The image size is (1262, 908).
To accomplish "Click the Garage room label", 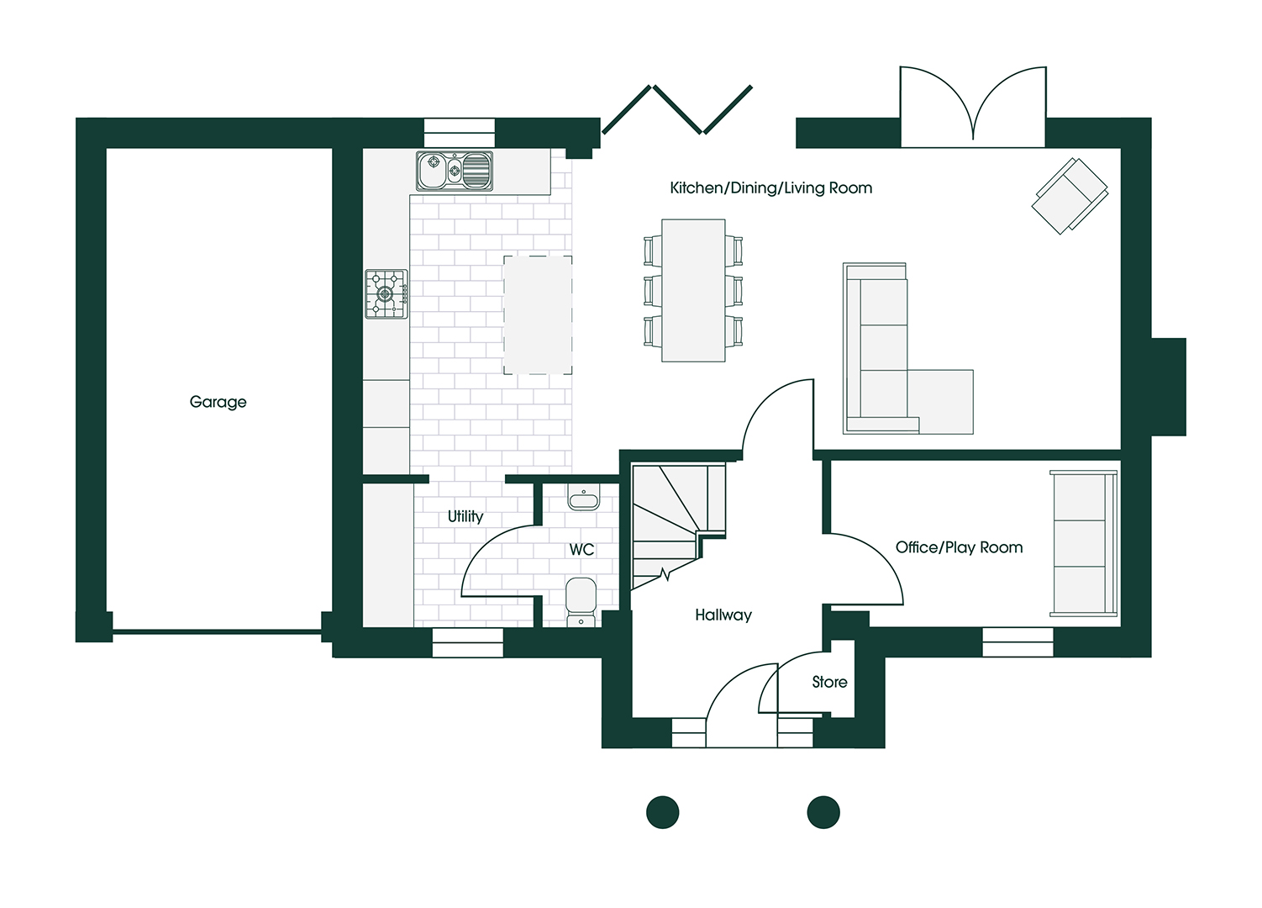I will tap(218, 402).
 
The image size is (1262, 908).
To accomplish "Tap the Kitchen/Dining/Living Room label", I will tap(770, 188).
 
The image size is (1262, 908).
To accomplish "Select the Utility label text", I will tap(465, 516).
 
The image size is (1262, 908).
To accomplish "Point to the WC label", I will tap(581, 550).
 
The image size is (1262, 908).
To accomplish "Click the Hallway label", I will tap(723, 615).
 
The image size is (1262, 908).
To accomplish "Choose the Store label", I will tap(829, 683).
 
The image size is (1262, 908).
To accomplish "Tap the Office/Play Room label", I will tap(959, 547).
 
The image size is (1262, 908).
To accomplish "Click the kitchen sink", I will tap(455, 171).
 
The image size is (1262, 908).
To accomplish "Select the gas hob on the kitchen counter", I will tap(386, 294).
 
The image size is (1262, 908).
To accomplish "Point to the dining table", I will tap(693, 291).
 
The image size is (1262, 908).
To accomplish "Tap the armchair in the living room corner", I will tap(1070, 195).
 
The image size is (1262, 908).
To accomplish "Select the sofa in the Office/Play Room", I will tap(1084, 543).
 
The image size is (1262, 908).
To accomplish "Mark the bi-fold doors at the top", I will tap(677, 109).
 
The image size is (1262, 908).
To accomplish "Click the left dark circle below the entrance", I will tap(662, 812).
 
